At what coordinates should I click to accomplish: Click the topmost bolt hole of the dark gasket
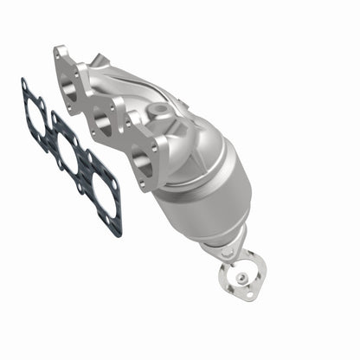pyautogui.click(x=24, y=84)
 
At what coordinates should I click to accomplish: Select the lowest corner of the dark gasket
pyautogui.click(x=118, y=232)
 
